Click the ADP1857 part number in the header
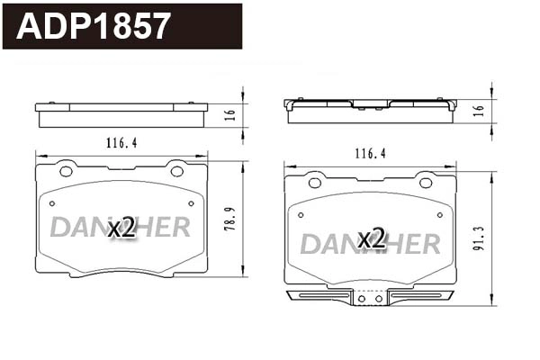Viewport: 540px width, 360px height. [93, 26]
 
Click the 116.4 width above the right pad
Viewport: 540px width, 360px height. [369, 154]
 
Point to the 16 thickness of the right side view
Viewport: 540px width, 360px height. [479, 110]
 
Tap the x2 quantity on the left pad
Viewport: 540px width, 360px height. [121, 228]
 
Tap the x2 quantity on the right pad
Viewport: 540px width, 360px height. [371, 239]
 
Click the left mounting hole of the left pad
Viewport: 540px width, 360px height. [65, 171]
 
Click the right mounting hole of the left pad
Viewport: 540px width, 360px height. [176, 171]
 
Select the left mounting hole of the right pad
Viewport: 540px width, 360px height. [314, 183]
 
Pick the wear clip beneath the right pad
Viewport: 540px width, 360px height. [370, 298]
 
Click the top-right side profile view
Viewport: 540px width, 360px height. [370, 110]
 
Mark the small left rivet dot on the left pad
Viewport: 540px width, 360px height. [52, 203]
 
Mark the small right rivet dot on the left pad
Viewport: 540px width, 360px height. [189, 203]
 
